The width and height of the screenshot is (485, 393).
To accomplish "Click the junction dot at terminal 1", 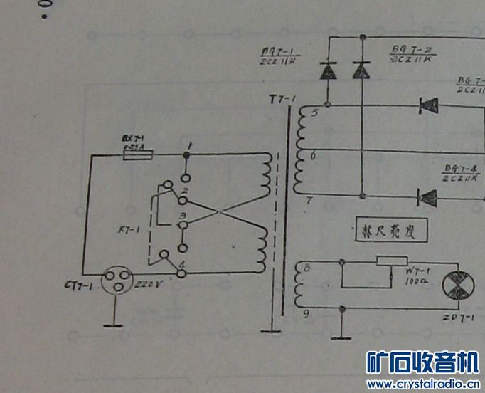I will [x=186, y=153].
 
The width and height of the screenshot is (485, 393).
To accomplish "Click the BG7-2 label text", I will [x=406, y=49].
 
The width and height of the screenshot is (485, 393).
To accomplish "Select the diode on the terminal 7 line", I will [x=428, y=197].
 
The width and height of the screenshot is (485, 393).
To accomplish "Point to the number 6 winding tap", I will [x=314, y=154].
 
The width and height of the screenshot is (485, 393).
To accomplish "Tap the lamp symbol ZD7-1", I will [x=455, y=285].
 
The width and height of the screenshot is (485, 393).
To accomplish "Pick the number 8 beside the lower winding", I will [x=307, y=269].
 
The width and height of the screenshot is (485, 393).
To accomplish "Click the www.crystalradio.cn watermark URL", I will [x=424, y=384].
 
